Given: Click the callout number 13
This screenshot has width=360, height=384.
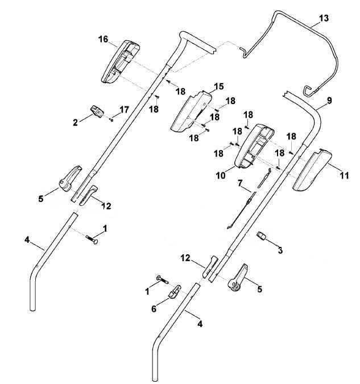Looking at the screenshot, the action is [324, 18].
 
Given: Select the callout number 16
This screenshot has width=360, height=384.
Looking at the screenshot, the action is [103, 39].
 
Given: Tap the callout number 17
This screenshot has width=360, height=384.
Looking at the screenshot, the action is [124, 109].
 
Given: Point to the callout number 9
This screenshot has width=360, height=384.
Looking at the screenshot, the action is [329, 100].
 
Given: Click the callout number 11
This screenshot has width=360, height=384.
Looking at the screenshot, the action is [344, 175].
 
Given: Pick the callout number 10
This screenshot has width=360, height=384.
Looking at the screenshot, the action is [221, 175].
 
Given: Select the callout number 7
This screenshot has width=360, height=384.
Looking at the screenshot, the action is [240, 183].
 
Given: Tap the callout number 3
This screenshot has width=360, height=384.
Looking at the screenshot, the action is [280, 250].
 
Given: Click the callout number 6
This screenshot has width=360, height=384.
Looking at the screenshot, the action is [154, 309].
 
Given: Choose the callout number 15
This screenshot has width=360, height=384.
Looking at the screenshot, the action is [219, 86].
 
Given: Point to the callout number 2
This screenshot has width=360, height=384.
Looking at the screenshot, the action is [75, 122].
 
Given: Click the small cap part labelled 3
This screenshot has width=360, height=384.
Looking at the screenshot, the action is [262, 236].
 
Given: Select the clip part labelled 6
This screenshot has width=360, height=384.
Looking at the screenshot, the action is [175, 291].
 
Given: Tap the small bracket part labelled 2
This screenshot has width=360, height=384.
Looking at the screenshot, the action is [97, 112].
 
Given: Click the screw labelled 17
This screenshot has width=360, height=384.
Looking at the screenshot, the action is [111, 120].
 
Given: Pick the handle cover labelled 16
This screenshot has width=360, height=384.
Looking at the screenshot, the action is [120, 61].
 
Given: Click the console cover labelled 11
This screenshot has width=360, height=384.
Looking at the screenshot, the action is [312, 170].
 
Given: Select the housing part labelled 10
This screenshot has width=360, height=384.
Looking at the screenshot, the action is [254, 146].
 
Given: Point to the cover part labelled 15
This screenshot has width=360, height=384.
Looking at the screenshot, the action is [191, 112].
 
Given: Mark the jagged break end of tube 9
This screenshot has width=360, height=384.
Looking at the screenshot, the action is [285, 94].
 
